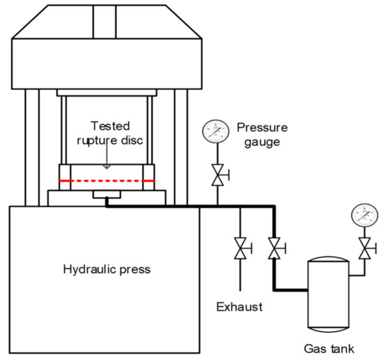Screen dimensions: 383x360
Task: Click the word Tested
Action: coord(110,126)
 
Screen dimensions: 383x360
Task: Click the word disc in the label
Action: coord(132,140)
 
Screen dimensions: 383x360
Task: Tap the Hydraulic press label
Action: coord(107,269)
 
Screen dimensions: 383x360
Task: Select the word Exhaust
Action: coord(240,307)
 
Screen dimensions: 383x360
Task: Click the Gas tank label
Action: coord(329,349)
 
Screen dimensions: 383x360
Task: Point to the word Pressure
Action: coord(262,127)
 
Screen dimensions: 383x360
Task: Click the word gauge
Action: coord(262,142)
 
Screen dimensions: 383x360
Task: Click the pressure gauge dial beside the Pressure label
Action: coord(216,132)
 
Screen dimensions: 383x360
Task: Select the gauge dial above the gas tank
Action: coord(365,215)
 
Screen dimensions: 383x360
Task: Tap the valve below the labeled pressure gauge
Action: coord(218,175)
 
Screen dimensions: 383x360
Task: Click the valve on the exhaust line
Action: coord(241,248)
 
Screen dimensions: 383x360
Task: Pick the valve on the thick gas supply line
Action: coord(274,248)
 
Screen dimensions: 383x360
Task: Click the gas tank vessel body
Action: coord(329,295)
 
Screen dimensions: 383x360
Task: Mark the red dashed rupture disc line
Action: coord(107,181)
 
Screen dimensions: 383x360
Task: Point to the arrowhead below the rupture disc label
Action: coord(107,166)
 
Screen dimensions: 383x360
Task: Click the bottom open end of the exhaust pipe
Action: coord(240,290)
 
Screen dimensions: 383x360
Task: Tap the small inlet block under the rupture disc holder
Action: coord(107,194)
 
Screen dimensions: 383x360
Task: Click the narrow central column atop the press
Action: coord(104,22)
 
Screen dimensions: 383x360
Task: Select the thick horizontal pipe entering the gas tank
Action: coord(290,290)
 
